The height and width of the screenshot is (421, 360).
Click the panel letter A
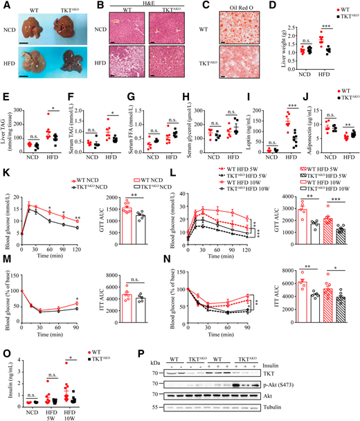[5, 6]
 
